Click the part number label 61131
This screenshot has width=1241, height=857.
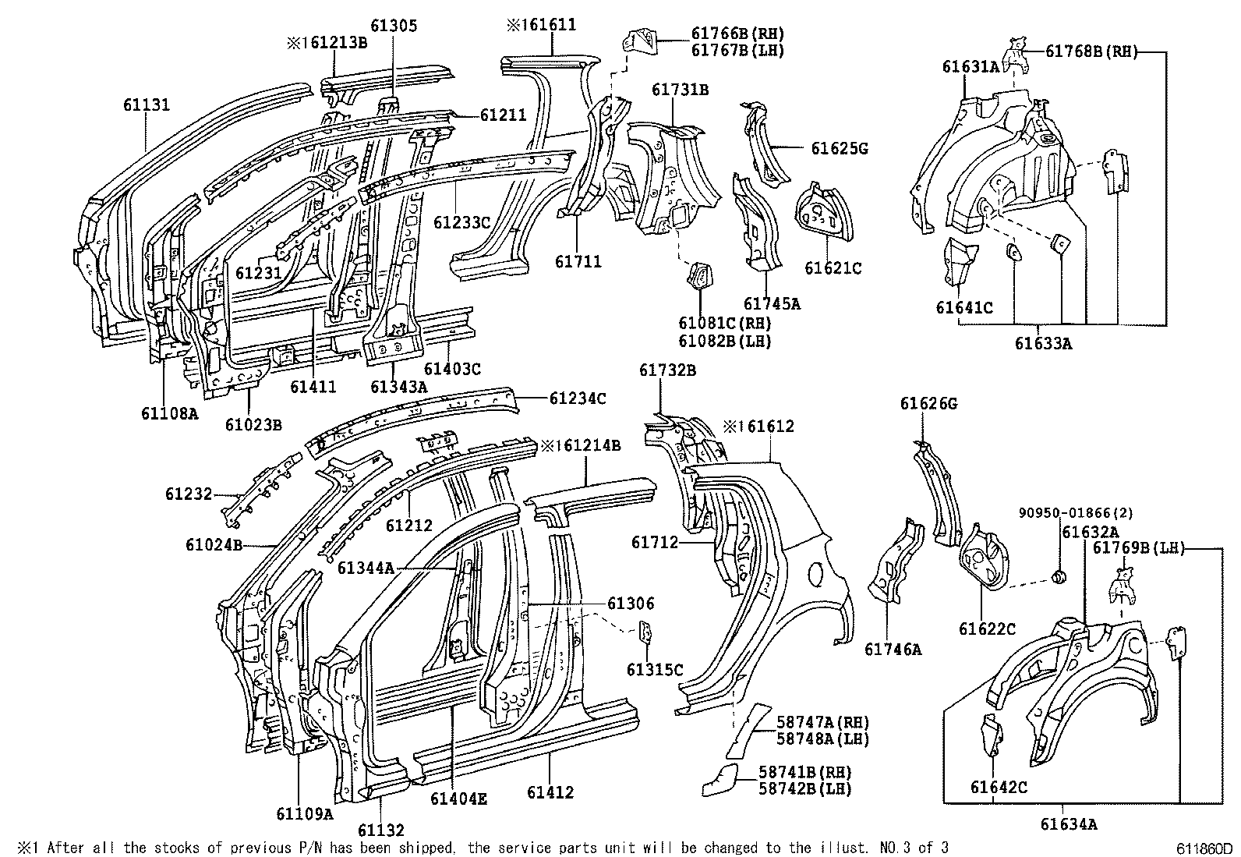(x=146, y=104)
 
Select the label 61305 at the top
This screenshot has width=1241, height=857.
(x=394, y=26)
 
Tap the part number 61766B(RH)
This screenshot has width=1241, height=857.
(x=737, y=34)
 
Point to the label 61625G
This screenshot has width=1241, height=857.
(x=840, y=148)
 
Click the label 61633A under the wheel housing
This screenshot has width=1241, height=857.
(x=1043, y=342)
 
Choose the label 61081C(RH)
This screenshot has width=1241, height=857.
(x=724, y=324)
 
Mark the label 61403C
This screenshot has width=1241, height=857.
(x=453, y=369)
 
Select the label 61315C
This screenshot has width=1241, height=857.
(x=655, y=669)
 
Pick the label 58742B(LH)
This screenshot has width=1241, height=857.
(x=805, y=788)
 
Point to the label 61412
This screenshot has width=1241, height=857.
(x=550, y=793)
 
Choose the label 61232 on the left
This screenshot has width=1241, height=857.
(x=188, y=494)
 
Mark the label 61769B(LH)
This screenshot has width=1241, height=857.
(x=1137, y=548)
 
